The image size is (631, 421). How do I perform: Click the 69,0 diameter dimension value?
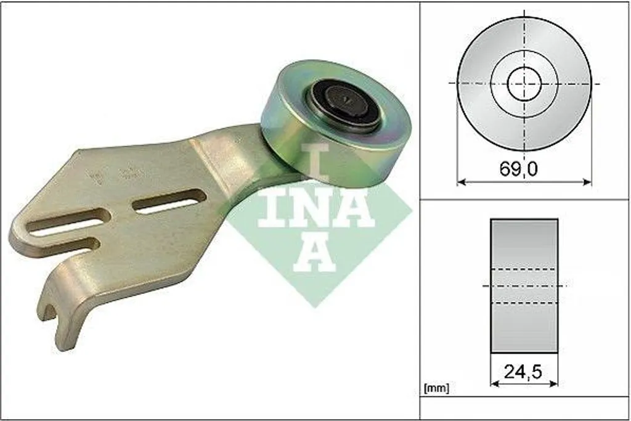coord(518,169)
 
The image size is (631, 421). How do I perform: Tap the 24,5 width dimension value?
coord(523,372)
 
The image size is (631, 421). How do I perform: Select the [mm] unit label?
coord(437,388)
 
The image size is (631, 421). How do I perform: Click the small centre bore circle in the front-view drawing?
coord(524,84)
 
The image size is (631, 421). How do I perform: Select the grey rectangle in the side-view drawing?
coord(524,286)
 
